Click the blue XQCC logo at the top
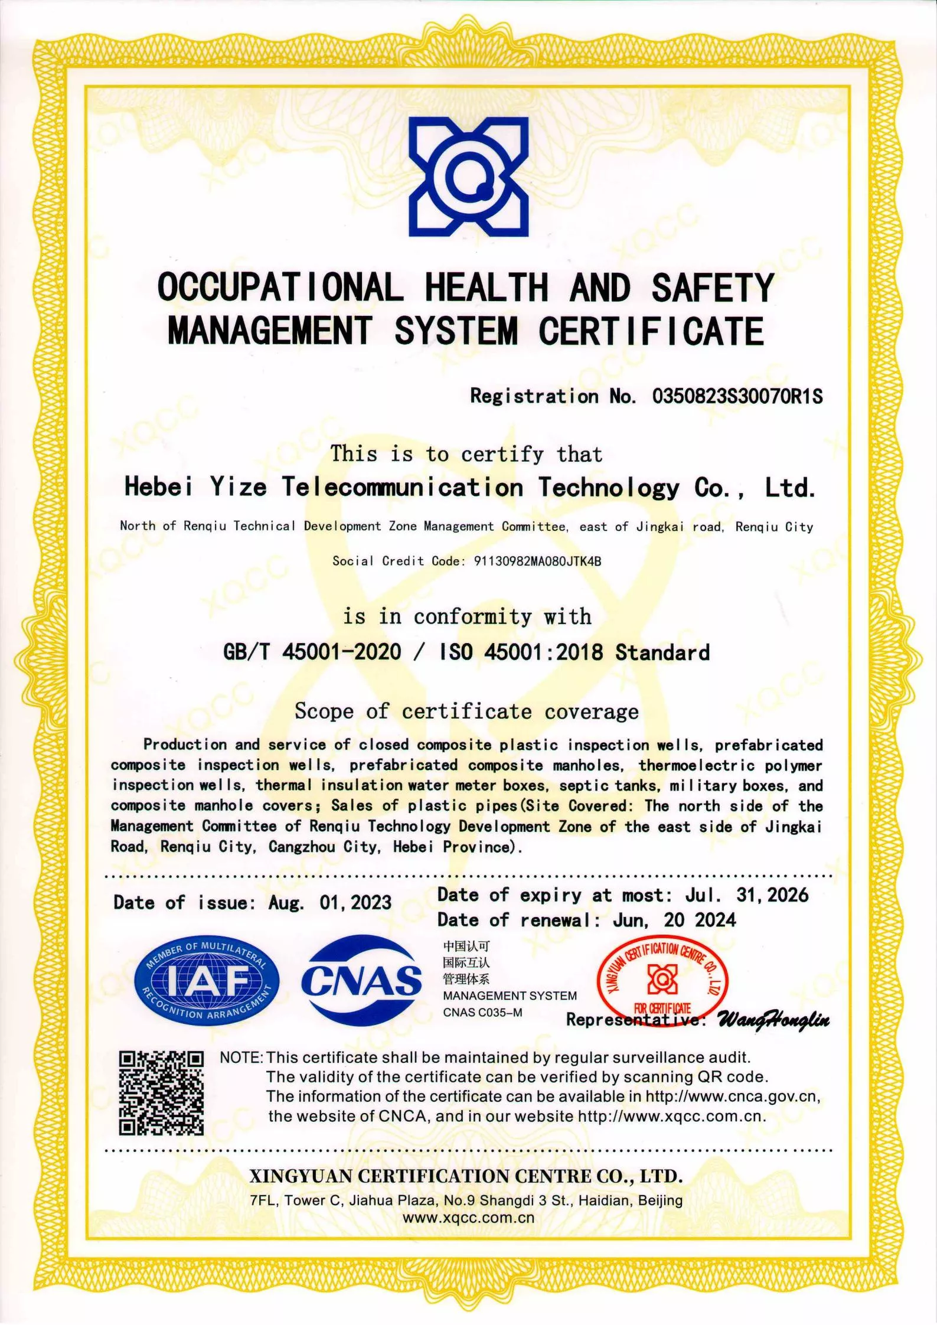click(468, 177)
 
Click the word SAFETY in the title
click(712, 288)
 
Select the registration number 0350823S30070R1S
click(737, 396)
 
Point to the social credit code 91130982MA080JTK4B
click(537, 561)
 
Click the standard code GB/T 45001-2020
click(312, 652)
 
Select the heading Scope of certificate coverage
click(466, 711)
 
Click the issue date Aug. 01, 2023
click(330, 902)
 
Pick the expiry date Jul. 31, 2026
click(746, 895)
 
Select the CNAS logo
click(361, 980)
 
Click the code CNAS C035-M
click(482, 1013)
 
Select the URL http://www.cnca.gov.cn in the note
click(732, 1096)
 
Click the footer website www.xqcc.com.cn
click(468, 1217)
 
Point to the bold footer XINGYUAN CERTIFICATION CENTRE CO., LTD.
click(466, 1176)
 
